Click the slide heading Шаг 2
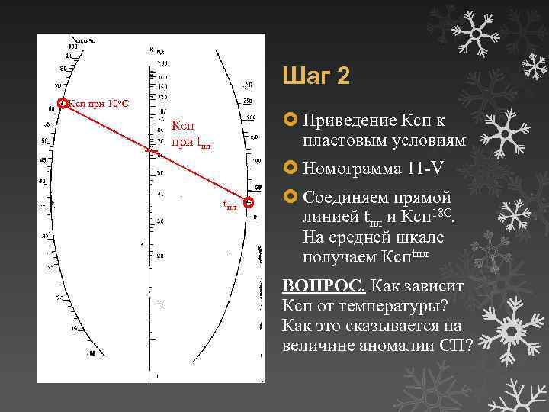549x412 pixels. pos(316,76)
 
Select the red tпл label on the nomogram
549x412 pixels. pos(230,204)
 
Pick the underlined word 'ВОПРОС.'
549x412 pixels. pos(324,286)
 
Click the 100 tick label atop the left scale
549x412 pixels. pos(74,47)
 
